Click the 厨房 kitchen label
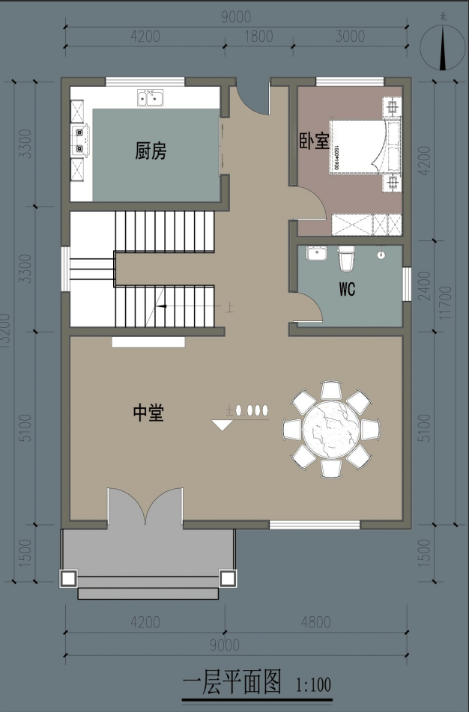[x=151, y=151]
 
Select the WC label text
[x=347, y=287]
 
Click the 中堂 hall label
[x=148, y=413]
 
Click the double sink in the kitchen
[x=150, y=97]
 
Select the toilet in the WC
[x=346, y=259]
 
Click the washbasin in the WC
[x=318, y=255]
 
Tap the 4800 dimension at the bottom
[x=315, y=622]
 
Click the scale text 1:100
[x=314, y=684]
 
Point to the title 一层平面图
[x=232, y=682]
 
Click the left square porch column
[x=68, y=577]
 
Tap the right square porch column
[x=226, y=577]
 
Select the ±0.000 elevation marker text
[x=247, y=410]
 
